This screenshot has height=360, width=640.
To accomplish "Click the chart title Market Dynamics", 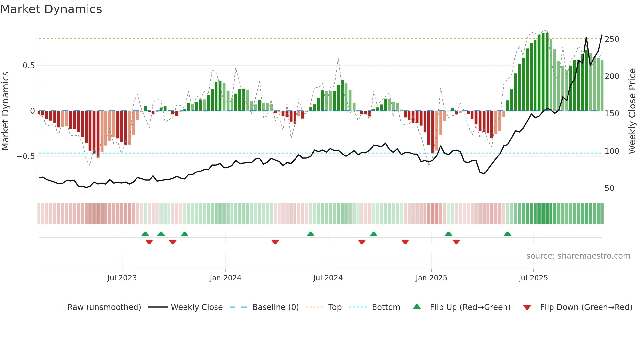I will pos(51,9).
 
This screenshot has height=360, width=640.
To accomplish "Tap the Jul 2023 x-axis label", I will pos(122,278).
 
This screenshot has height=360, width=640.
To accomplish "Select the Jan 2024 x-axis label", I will pos(225,278).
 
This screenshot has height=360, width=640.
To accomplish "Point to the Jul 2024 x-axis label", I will pos(328,278).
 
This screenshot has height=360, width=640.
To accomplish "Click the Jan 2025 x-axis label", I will pos(431,278).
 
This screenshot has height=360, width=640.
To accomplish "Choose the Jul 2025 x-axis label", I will pos(533,278).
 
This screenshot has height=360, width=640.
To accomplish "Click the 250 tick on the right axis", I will pos(612,39).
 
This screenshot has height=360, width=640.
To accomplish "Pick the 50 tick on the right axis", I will pos(609,188).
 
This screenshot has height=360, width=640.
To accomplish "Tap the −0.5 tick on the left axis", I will pos(25,156).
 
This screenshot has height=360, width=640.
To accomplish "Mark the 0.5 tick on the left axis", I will pos(28,66).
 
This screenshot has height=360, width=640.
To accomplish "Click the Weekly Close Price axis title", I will pos(632,111).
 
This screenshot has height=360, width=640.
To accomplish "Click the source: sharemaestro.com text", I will pos(578,256).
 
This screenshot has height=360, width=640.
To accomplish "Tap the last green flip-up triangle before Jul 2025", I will pos(507,234).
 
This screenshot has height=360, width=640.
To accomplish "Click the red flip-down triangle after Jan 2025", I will pos(456,242).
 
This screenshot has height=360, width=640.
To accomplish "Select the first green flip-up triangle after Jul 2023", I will pos(145,234).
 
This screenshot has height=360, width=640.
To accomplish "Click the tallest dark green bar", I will pos(547,72).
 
